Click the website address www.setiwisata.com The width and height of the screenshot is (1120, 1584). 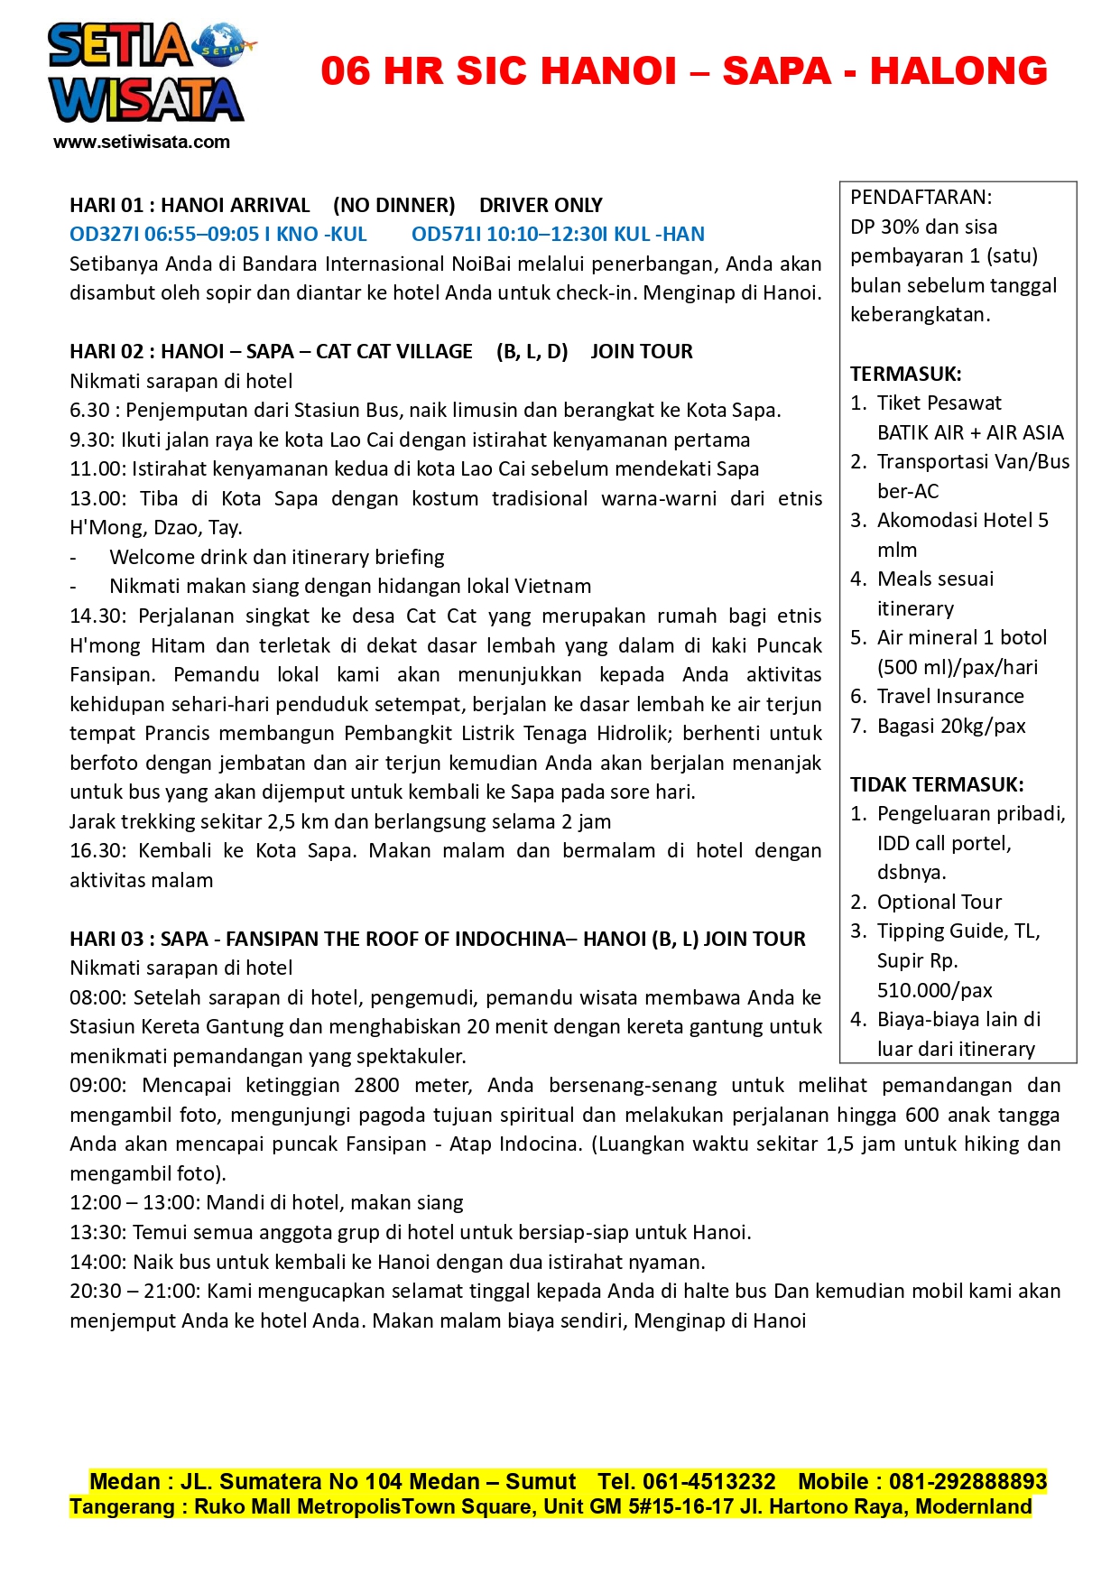tap(142, 142)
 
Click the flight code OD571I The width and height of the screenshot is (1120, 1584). tap(446, 235)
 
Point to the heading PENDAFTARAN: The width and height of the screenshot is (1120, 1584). tap(921, 198)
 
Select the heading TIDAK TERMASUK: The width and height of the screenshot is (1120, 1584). tap(937, 784)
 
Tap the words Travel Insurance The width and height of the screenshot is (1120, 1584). tap(950, 697)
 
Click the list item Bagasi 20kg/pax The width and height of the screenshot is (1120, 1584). tap(951, 727)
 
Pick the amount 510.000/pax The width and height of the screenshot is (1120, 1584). tap(934, 990)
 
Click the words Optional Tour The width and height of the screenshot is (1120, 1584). tap(939, 903)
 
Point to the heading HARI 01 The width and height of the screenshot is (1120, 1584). tap(106, 206)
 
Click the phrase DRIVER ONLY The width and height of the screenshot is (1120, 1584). tap(541, 206)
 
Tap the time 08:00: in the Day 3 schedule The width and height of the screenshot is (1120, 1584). tap(99, 998)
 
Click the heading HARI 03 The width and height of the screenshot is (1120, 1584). tap(106, 940)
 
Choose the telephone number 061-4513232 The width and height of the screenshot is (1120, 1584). tap(708, 1482)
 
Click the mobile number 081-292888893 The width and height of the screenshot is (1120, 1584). tap(967, 1482)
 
